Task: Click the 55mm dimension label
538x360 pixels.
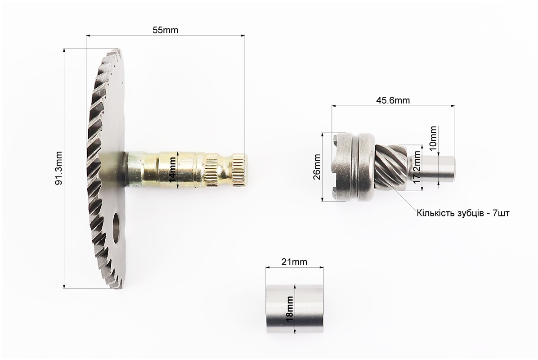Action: point(166,30)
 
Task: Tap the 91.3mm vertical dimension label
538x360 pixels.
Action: point(59,168)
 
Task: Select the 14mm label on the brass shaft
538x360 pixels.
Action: point(172,170)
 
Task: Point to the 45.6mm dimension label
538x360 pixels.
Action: point(393,100)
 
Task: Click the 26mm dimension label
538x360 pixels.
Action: point(317,167)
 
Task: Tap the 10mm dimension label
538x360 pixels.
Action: point(433,137)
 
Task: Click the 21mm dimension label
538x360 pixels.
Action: point(294,262)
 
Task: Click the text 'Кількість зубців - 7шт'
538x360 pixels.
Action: point(463,213)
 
